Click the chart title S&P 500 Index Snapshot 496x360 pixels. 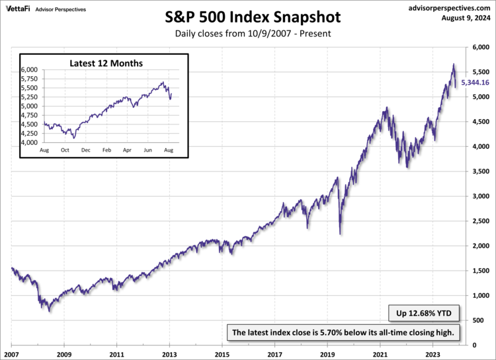coord(248,17)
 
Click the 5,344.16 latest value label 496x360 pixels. coord(474,83)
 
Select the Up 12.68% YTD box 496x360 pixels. coord(422,312)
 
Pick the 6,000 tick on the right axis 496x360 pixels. coord(479,48)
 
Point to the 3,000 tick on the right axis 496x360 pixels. coord(479,197)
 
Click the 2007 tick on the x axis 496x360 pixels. coord(12,353)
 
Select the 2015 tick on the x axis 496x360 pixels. coord(223,353)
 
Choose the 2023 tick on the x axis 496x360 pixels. coord(433,353)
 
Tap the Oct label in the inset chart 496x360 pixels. coord(65,151)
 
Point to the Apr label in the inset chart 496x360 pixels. coord(127,151)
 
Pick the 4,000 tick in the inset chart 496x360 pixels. coord(30,142)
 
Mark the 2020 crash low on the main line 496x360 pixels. coord(340,234)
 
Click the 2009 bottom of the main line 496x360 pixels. coord(49,311)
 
